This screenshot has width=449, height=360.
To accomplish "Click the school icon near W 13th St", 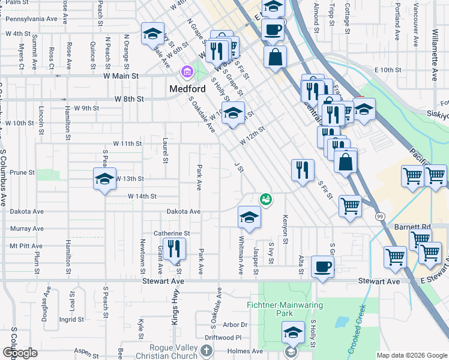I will pos(105,179).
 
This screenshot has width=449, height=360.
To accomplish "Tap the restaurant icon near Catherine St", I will pos(174,248).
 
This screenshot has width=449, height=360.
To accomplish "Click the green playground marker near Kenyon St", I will pos(265,199).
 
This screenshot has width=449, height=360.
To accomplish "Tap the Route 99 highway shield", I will pos(380,216).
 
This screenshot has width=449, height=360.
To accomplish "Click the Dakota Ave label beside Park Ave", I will pos(183,212).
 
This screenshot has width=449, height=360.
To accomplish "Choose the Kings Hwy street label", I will pos(175,309).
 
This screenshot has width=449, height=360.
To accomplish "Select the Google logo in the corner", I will pos(20,353).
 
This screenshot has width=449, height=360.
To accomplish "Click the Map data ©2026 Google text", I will pos(412,355).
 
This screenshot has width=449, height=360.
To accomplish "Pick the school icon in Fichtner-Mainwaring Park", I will pos(292,332).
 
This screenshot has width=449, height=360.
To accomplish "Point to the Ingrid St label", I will pos(71,319).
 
